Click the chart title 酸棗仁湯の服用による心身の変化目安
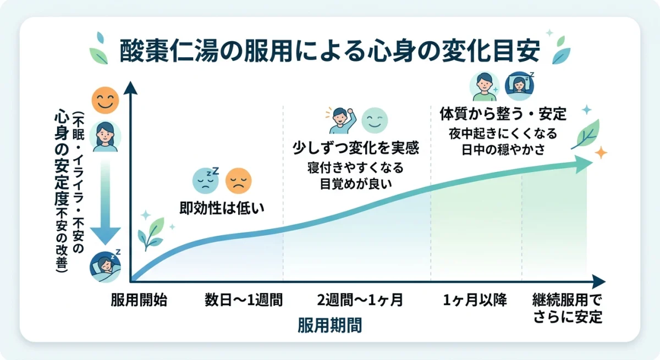click(x=330, y=51)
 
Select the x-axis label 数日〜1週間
click(x=243, y=300)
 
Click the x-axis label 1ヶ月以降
click(x=475, y=300)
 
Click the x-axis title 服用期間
click(x=330, y=325)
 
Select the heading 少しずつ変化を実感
click(x=355, y=148)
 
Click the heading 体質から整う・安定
click(x=503, y=114)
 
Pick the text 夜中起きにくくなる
click(x=502, y=134)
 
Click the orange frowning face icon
click(x=239, y=180)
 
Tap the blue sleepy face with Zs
click(x=205, y=180)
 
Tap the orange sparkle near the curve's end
click(x=601, y=152)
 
